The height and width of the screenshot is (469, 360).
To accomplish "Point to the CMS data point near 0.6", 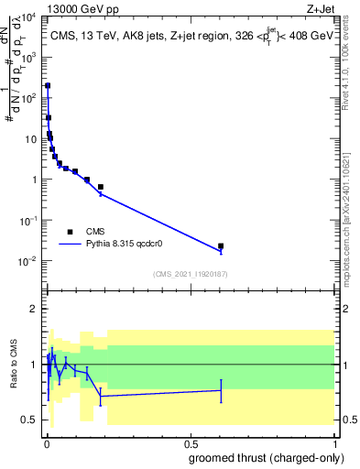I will click(221, 245).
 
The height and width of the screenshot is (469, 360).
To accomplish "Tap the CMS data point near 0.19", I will click(100, 187).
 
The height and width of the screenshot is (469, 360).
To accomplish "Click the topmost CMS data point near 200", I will click(48, 85).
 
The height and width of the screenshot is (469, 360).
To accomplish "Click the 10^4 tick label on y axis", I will click(29, 17).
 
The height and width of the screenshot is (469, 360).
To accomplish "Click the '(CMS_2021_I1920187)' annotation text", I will click(191, 274).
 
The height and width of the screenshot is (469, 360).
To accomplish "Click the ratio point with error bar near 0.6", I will click(221, 390).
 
